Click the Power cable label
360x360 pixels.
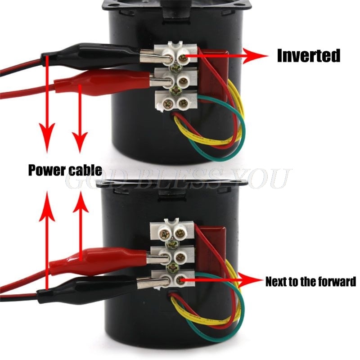click(x=65, y=171)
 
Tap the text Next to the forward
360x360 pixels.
click(x=310, y=282)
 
